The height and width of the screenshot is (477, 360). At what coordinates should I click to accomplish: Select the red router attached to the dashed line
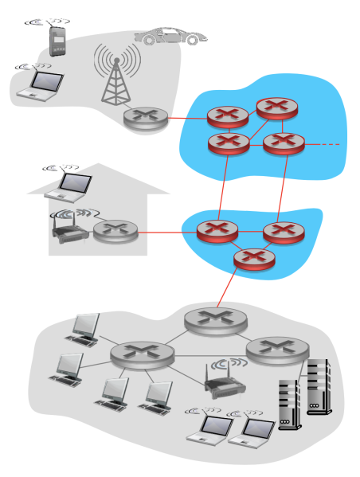(284, 144)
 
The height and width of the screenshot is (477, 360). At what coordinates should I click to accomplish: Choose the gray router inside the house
(115, 232)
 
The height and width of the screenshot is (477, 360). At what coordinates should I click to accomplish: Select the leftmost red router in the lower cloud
(218, 232)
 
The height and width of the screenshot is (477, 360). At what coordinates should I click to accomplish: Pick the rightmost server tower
(318, 389)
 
